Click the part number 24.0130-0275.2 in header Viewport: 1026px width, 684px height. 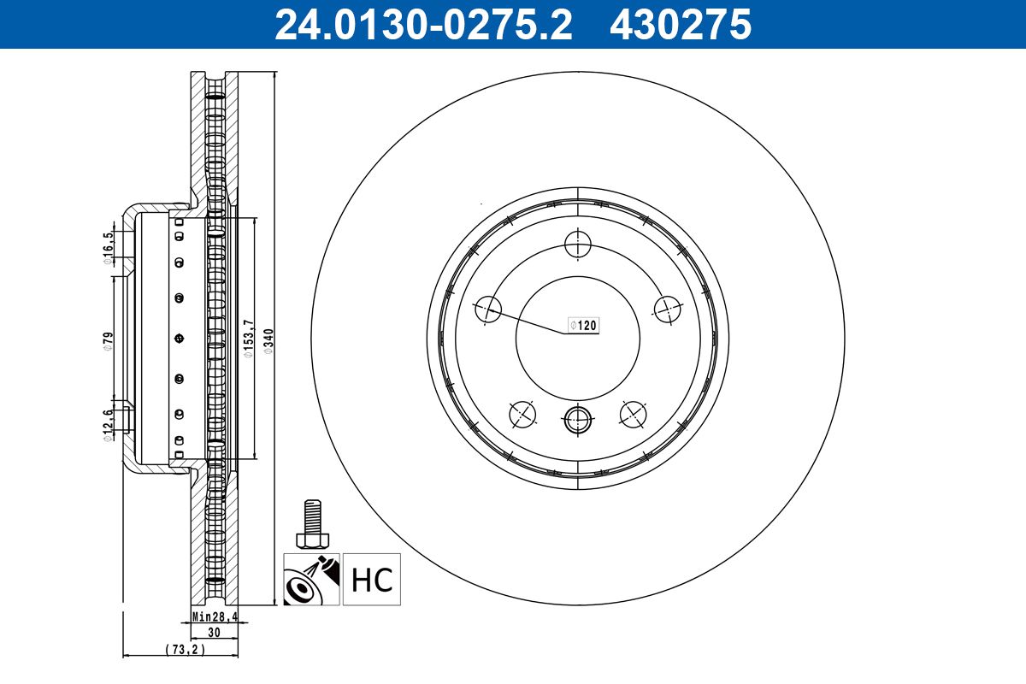(x=422, y=24)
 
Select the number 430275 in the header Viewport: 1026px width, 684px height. (x=680, y=24)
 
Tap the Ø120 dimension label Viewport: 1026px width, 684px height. (x=584, y=326)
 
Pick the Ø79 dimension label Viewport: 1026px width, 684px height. (x=109, y=339)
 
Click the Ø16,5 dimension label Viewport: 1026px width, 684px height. (x=109, y=249)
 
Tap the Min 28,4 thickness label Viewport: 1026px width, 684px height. (x=213, y=616)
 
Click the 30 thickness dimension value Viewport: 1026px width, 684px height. (x=214, y=633)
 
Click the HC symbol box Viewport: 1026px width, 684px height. (x=372, y=581)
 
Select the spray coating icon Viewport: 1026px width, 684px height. (x=312, y=581)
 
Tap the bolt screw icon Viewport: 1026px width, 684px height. (x=313, y=524)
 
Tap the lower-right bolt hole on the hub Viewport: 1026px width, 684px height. (x=633, y=415)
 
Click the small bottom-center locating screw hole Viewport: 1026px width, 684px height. (x=578, y=420)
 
